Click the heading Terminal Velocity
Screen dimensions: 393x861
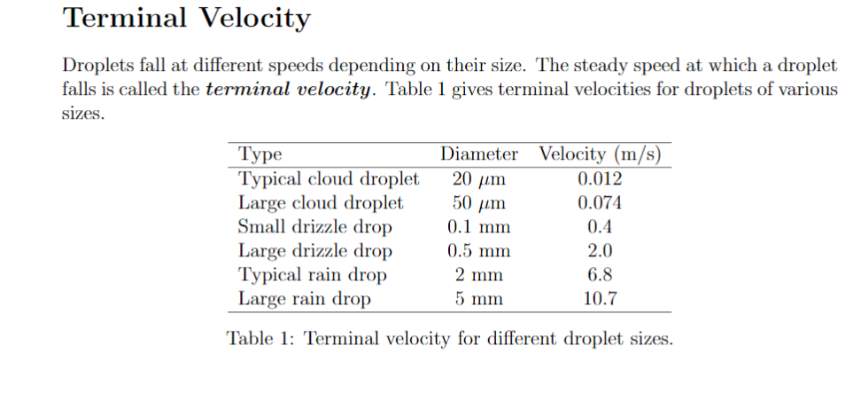(189, 19)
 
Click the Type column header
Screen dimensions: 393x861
(260, 153)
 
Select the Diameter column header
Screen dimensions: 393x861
(479, 153)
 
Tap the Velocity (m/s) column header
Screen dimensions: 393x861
(600, 153)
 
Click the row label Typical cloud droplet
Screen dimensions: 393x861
(330, 178)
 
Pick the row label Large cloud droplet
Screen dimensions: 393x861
(322, 202)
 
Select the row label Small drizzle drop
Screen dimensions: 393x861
(316, 226)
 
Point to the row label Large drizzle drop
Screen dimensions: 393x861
(316, 250)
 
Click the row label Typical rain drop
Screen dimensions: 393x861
(314, 274)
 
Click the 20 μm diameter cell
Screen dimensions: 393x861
(479, 178)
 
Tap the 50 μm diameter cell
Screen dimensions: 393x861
(479, 202)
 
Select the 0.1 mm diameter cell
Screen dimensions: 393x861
(479, 226)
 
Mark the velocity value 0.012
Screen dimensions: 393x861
(600, 178)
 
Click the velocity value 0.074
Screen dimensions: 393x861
(600, 202)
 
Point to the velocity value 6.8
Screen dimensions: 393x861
(600, 274)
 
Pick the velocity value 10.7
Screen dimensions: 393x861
(600, 298)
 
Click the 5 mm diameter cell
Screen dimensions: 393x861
(479, 298)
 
